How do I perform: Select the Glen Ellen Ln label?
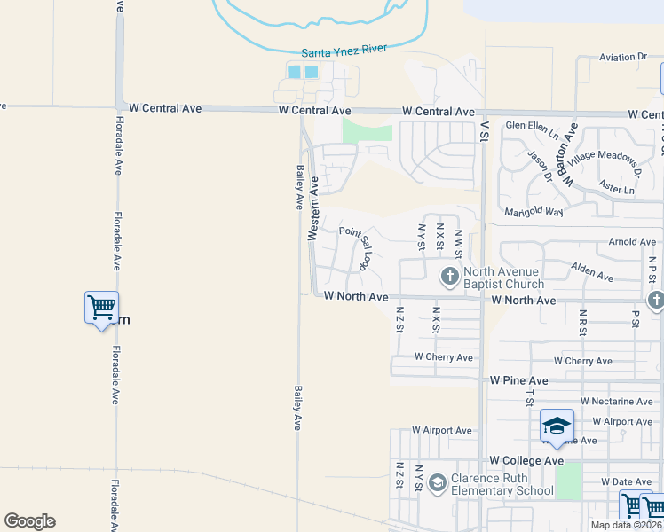pyautogui.click(x=533, y=125)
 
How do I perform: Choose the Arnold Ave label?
pyautogui.click(x=632, y=241)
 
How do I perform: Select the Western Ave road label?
pyautogui.click(x=313, y=208)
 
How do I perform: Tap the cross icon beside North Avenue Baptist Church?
pyautogui.click(x=449, y=276)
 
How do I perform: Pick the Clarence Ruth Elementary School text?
pyautogui.click(x=502, y=484)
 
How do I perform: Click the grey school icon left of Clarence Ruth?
pyautogui.click(x=436, y=483)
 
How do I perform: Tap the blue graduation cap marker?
pyautogui.click(x=557, y=426)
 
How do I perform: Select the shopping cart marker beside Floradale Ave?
pyautogui.click(x=101, y=309)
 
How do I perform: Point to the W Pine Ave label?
pyautogui.click(x=519, y=379)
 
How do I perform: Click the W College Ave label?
pyautogui.click(x=526, y=461)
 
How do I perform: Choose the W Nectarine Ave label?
pyautogui.click(x=615, y=402)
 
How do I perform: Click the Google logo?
pyautogui.click(x=29, y=521)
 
